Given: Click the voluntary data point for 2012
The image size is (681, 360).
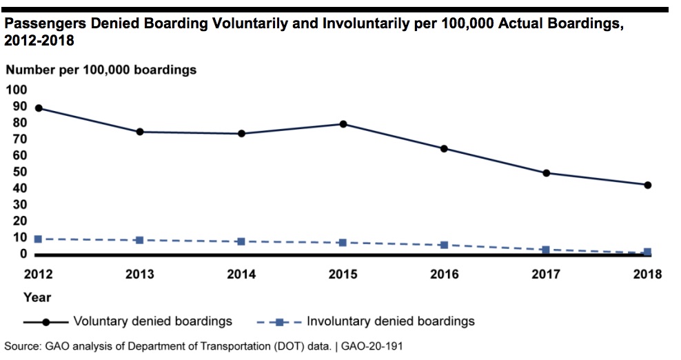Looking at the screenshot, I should tap(39, 108).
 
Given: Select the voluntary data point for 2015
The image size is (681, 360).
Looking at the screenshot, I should tap(343, 124).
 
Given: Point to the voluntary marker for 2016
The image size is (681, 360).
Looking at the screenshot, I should tap(444, 148).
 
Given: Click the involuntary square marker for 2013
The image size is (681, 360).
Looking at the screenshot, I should tap(140, 240).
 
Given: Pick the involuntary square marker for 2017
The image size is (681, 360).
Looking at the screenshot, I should tap(546, 250).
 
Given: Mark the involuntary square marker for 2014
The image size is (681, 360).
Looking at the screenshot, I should tap(241, 241).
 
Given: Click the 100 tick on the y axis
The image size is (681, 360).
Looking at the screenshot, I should tap(16, 90).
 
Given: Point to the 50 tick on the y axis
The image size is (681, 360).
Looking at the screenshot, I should tap(19, 172).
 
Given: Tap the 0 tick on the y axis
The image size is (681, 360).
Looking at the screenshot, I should tap(23, 254).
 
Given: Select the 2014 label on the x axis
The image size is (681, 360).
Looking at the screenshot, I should tap(241, 274).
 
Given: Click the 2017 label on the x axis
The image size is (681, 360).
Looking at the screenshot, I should tap(546, 274).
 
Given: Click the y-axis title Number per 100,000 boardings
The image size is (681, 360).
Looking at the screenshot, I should tap(101, 70).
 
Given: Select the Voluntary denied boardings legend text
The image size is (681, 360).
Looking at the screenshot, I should tap(152, 321).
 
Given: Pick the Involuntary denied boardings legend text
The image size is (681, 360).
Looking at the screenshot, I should tap(391, 321).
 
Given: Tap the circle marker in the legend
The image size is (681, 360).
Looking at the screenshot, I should tap(45, 322).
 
